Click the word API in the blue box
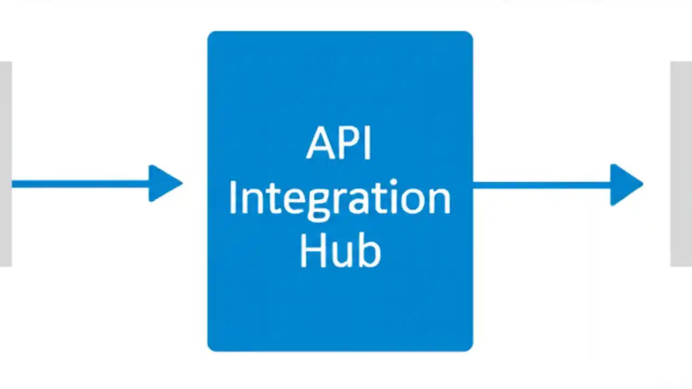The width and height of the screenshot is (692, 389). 339,144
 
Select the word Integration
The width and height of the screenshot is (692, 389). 339,199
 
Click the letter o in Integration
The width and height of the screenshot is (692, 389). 411,200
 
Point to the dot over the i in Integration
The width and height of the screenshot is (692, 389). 393,183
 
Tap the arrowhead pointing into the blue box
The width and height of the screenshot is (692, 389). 164,184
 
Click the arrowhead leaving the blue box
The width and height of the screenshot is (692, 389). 625,184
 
